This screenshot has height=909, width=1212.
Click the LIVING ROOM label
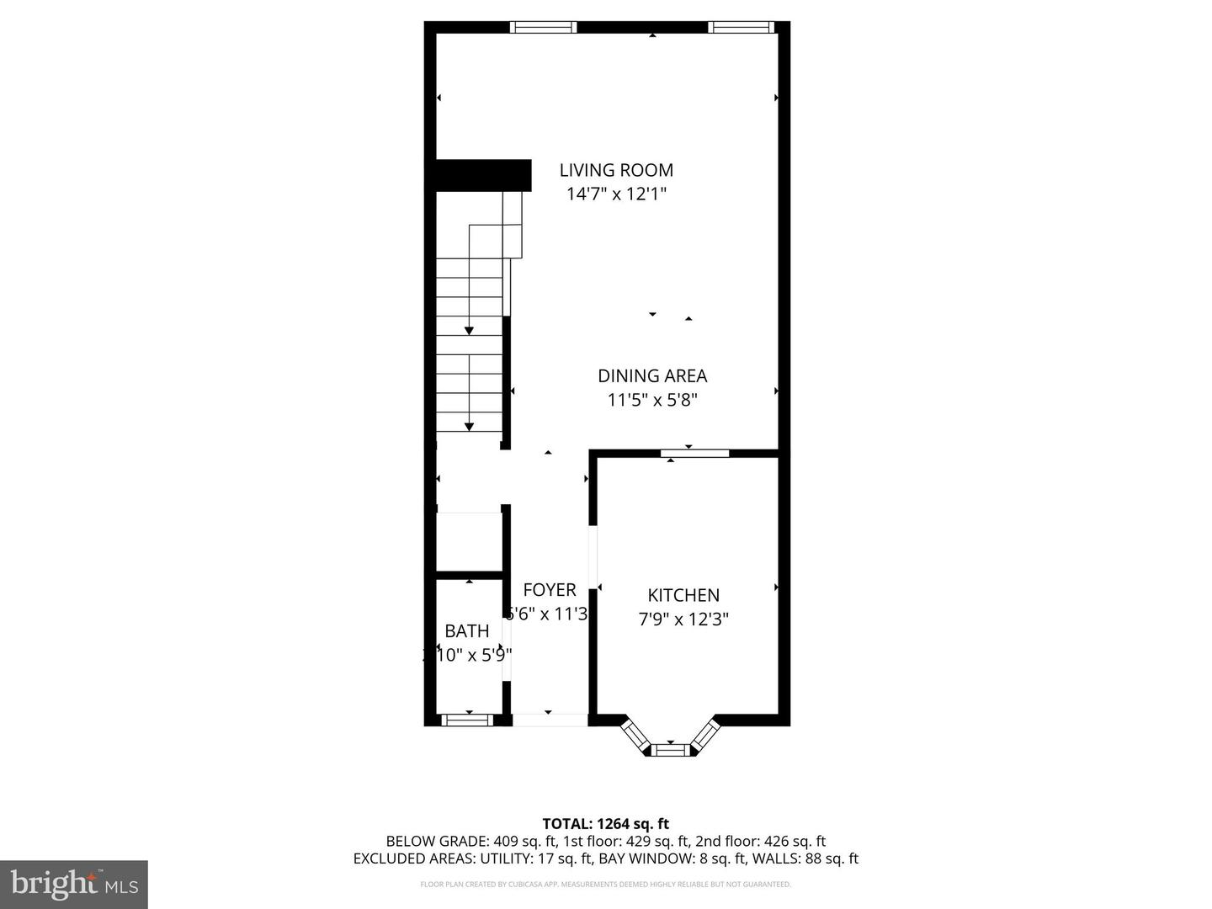pyautogui.click(x=616, y=170)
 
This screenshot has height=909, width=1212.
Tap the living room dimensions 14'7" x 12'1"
pyautogui.click(x=616, y=194)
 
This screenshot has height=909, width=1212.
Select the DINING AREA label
pyautogui.click(x=652, y=376)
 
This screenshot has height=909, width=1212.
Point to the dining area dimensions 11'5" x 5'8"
pyautogui.click(x=652, y=400)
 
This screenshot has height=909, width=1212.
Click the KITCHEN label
pyautogui.click(x=683, y=595)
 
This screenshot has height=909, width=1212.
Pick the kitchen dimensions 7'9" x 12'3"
pyautogui.click(x=683, y=619)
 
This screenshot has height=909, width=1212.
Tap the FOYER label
pyautogui.click(x=550, y=590)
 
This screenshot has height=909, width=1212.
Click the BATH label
pyautogui.click(x=467, y=631)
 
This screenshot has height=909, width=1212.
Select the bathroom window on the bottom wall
pyautogui.click(x=468, y=720)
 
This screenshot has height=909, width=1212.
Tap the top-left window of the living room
pyautogui.click(x=544, y=27)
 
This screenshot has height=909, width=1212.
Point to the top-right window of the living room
pyautogui.click(x=741, y=27)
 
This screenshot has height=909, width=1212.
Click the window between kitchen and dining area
pyautogui.click(x=694, y=454)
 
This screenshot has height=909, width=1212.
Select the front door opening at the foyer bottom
pyautogui.click(x=550, y=720)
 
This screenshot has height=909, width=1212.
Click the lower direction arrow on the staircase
pyautogui.click(x=469, y=425)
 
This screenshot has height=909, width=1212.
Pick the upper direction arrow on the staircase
pyautogui.click(x=469, y=330)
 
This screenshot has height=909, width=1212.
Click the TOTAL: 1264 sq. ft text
pyautogui.click(x=605, y=824)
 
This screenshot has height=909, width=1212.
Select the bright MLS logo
pyautogui.click(x=74, y=884)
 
